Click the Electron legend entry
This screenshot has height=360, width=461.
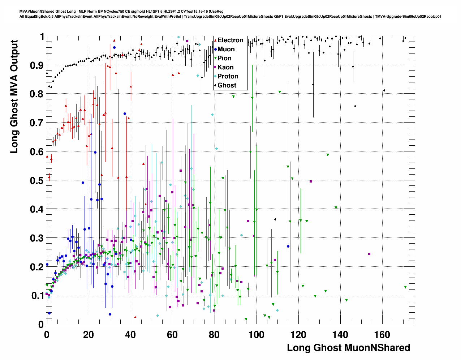tap(230, 40)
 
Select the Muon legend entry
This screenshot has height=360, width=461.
tap(226, 49)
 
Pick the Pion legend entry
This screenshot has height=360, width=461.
tap(224, 58)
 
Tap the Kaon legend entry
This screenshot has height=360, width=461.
tap(225, 67)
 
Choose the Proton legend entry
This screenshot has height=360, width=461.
tap(228, 76)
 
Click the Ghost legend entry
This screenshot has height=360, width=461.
tap(227, 85)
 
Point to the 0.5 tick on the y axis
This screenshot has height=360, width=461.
tap(36, 181)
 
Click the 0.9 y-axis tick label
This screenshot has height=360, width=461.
tap(36, 65)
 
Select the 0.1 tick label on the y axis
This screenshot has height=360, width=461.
tap(36, 296)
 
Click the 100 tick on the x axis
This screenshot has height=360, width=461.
tap(256, 335)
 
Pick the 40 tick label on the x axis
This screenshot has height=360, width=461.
tap(130, 335)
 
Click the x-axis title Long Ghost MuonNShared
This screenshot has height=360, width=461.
tap(348, 348)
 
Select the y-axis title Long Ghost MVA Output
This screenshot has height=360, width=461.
tap(14, 97)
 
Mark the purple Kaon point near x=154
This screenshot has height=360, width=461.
tap(369, 254)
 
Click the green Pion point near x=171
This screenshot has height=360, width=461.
tap(405, 287)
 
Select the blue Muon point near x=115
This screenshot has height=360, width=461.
tap(288, 247)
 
